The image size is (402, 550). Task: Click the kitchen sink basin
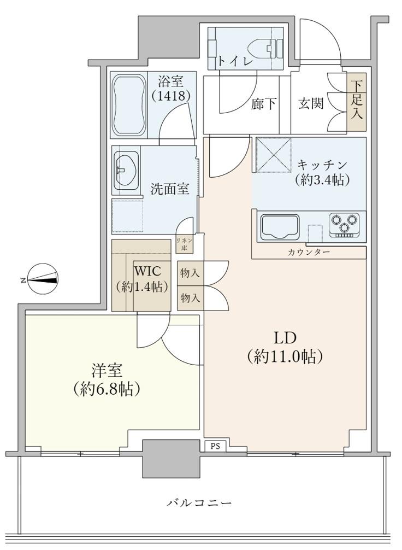[280, 226]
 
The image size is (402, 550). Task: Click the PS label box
[215, 447]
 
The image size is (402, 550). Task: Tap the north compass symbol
[43, 279]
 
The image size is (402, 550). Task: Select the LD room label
[285, 347]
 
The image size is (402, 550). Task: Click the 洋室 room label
[107, 379]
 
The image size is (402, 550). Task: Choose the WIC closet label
[141, 279]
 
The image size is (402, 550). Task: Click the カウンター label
[309, 253]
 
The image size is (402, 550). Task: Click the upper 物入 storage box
[190, 273]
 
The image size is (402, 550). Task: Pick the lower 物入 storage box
[190, 298]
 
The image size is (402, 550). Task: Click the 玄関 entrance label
[311, 103]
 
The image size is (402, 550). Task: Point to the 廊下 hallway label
[264, 103]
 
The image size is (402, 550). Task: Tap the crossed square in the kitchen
[274, 155]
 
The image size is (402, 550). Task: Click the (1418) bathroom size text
[170, 96]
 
